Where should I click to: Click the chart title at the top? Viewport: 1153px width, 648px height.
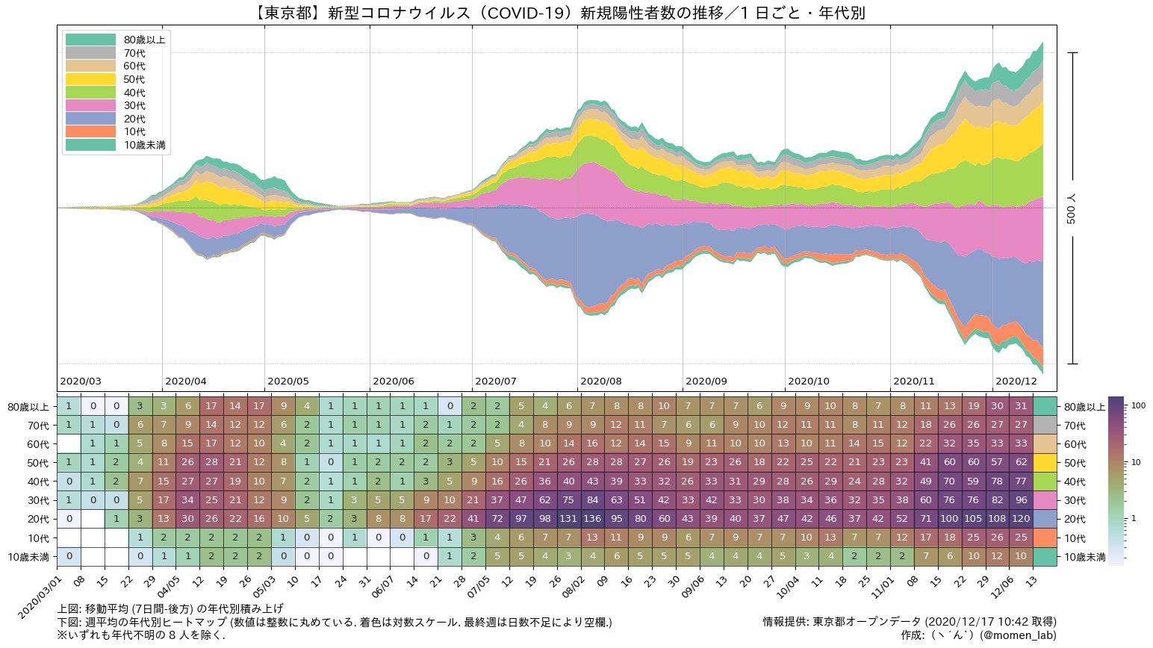coord(556,13)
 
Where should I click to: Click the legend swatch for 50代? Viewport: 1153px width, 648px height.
coord(90,79)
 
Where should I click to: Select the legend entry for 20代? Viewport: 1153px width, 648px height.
coord(134,119)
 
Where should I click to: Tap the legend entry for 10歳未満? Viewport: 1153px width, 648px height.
coord(145,145)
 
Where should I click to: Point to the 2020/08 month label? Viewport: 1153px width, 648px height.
coord(600,381)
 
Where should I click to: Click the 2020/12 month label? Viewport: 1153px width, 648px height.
coord(1016,381)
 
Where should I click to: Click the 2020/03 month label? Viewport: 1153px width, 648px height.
coord(80,381)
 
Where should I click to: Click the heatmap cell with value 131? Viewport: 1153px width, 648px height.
coord(569,519)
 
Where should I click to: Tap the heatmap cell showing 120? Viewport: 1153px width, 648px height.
coord(1021,519)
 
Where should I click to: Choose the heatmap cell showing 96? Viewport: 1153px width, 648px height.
coord(1021,500)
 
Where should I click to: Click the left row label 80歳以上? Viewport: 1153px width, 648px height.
coord(28,407)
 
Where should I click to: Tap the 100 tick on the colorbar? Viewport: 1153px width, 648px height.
coord(1139,406)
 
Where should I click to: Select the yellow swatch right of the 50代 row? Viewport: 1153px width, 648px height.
coord(1045,463)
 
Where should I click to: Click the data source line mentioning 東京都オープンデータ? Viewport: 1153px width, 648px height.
coord(909,621)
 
